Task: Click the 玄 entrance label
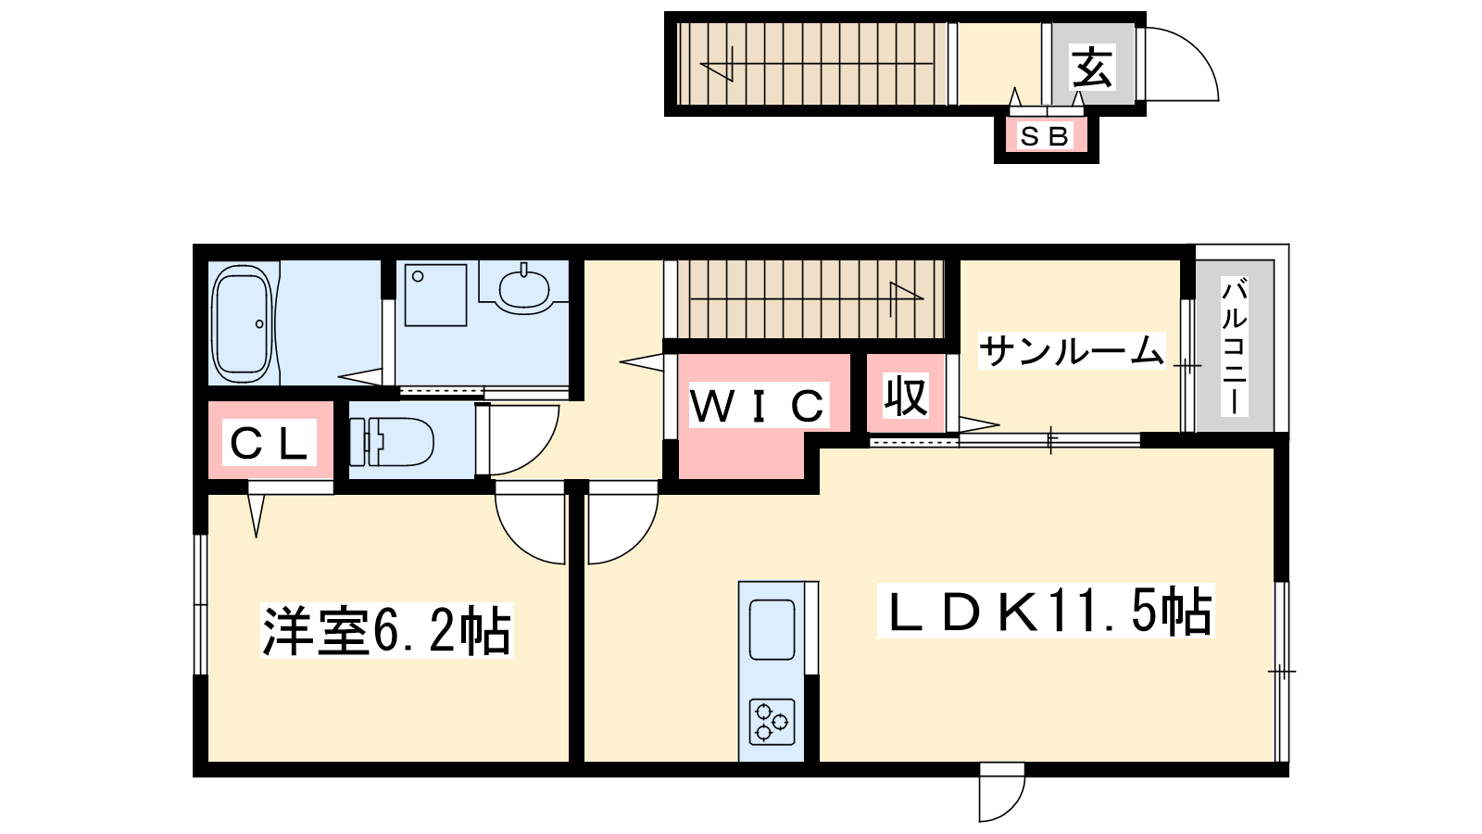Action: (x=1092, y=67)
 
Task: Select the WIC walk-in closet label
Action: (x=758, y=405)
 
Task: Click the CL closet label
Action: (x=269, y=442)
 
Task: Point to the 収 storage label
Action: (x=906, y=397)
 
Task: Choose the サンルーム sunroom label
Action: (x=1071, y=350)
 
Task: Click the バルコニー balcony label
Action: (x=1235, y=347)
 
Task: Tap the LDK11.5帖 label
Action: (x=1047, y=611)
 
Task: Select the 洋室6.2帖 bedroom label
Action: (x=387, y=630)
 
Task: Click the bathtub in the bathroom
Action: (x=242, y=323)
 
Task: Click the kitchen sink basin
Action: (x=772, y=629)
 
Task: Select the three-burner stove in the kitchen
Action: (x=772, y=722)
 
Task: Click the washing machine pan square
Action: (x=436, y=296)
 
